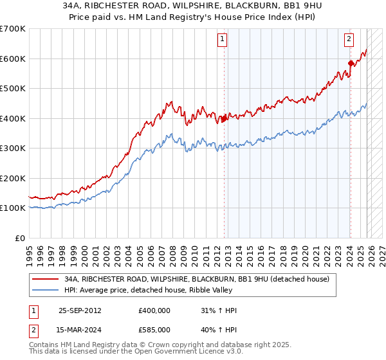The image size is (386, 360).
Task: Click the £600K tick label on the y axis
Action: pos(13,59)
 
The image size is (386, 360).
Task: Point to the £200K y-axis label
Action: pos(13,178)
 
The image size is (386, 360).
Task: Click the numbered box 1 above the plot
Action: pos(222,39)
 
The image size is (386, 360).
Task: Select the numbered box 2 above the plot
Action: pos(349,39)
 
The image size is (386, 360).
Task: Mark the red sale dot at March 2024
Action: pos(351,63)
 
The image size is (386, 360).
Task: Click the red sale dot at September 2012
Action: pos(224,118)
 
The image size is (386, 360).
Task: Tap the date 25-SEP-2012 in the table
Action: pos(80,310)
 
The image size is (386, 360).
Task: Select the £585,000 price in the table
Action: pos(154,330)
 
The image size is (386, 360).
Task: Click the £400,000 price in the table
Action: pos(154,310)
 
